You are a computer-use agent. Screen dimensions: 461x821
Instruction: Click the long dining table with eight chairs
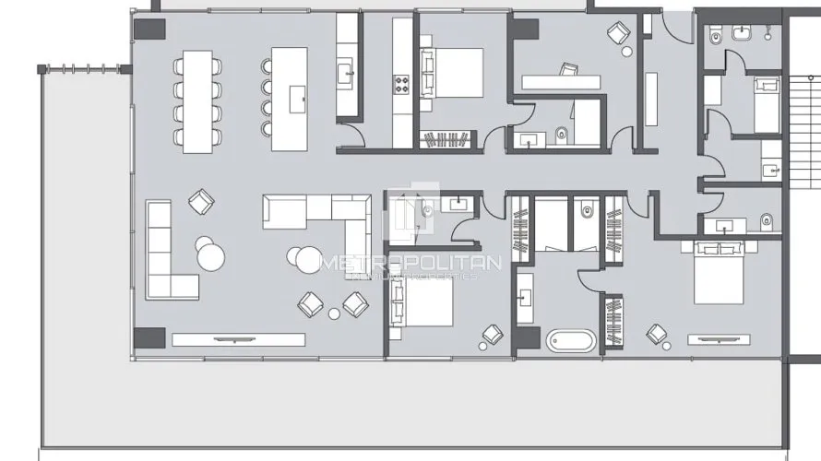click(196, 100)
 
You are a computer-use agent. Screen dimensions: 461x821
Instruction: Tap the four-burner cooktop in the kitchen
click(403, 85)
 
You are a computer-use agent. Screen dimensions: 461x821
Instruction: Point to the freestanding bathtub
click(573, 340)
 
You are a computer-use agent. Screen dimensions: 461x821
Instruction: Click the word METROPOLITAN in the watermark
click(410, 263)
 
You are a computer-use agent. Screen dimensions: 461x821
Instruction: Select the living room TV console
click(238, 339)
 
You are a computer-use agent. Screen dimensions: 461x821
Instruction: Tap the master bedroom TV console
click(719, 339)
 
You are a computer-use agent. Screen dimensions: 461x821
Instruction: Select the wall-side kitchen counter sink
click(347, 72)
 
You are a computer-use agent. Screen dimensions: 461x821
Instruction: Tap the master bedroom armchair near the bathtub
click(657, 333)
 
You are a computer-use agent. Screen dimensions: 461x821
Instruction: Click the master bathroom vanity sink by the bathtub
click(525, 298)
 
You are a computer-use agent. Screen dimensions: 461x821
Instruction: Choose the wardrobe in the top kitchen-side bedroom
click(446, 140)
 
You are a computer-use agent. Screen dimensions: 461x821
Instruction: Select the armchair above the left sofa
click(201, 200)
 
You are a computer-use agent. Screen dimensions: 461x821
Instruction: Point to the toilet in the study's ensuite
click(562, 136)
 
